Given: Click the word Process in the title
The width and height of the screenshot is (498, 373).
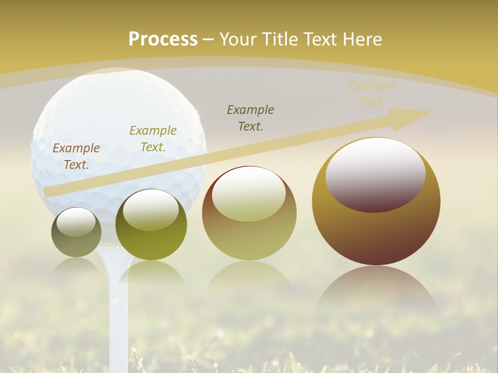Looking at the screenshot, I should coord(163,39).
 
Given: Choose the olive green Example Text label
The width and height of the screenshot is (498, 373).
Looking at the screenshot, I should coord(153,139).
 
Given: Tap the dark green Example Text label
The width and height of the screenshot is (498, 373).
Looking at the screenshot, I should coord(251,118).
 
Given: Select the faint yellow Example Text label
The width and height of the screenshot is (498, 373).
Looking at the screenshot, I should coord(372,93).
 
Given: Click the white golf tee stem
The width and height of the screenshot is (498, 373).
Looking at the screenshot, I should coord(118,316).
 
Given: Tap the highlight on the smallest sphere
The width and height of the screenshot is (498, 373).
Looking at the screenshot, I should coord(76,222).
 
